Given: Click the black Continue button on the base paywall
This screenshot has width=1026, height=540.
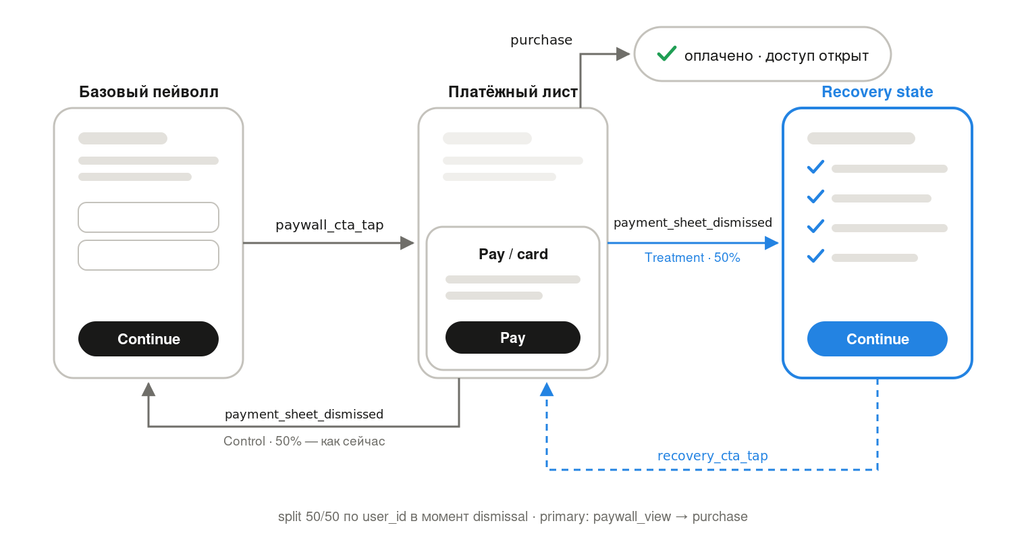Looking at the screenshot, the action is (148, 338).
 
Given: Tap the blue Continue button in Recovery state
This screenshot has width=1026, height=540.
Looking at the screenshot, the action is (877, 338).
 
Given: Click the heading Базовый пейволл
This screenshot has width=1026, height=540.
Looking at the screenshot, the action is (148, 92).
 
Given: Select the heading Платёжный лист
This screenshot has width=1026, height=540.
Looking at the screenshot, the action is (512, 92).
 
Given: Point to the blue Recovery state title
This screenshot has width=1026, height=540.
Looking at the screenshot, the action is (877, 92).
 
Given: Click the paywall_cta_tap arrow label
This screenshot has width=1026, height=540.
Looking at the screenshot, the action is (329, 225).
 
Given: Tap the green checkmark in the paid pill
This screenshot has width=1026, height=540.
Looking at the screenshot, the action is (666, 53).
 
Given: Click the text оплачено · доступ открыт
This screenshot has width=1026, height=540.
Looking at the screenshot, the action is (776, 56).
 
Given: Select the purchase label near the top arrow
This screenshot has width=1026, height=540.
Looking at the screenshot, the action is (541, 40).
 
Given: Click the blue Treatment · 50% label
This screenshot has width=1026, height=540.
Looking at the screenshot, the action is (692, 258).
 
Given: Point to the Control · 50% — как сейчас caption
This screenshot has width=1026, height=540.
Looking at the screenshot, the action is (304, 441).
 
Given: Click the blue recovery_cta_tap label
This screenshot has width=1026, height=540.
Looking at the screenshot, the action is (712, 456).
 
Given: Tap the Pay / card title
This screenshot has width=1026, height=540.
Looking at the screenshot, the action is (513, 254).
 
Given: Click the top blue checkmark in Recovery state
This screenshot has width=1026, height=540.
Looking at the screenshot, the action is (815, 167).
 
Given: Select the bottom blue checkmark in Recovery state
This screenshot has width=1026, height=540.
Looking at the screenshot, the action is (815, 256).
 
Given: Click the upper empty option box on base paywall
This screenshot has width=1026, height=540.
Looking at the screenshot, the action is (148, 217).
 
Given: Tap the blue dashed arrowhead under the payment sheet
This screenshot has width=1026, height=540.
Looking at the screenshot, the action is (547, 389).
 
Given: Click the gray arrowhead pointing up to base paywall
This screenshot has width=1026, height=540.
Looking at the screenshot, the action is (148, 389).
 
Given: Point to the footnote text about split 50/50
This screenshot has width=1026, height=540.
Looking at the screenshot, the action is (512, 516).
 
